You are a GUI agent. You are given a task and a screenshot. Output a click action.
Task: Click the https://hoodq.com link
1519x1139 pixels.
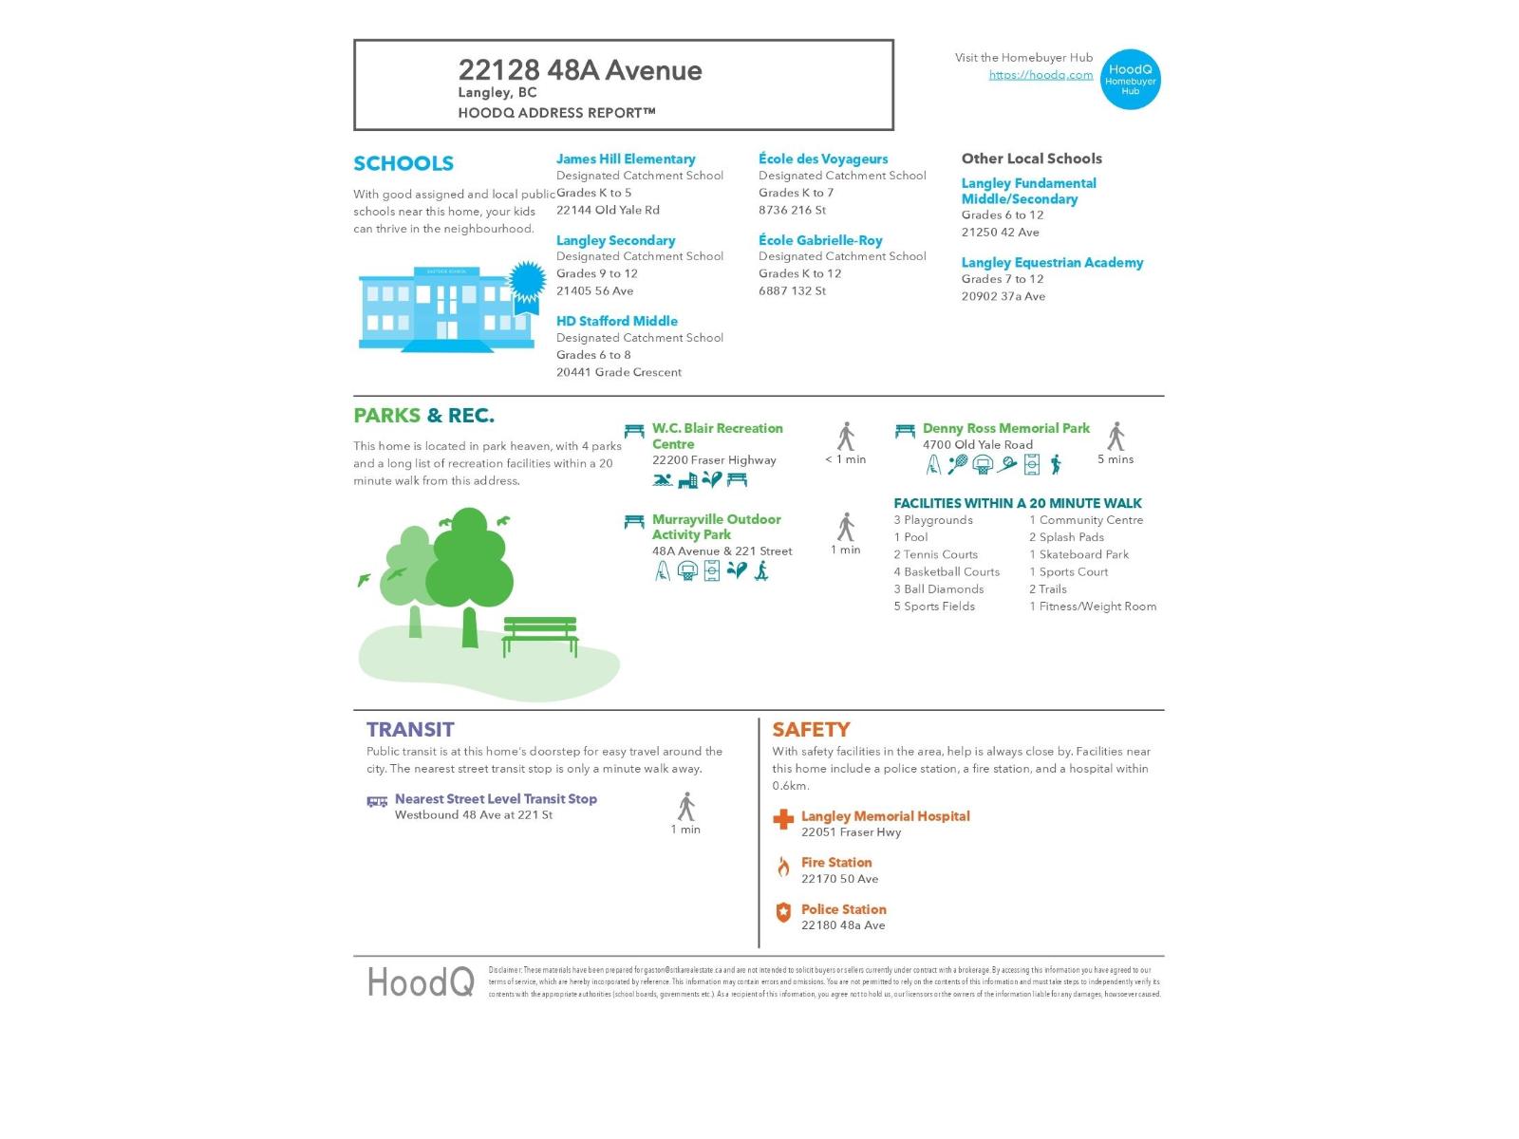(1041, 75)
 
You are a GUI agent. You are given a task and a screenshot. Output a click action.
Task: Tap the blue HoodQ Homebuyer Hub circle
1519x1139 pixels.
(1130, 80)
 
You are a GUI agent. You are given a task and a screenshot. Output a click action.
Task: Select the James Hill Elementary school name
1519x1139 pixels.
(626, 159)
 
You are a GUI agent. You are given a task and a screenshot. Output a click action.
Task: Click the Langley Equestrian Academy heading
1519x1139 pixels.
(1052, 263)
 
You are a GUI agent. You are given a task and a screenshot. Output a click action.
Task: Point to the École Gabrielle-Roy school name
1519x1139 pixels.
(820, 240)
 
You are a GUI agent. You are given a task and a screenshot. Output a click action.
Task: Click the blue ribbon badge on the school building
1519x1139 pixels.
(527, 283)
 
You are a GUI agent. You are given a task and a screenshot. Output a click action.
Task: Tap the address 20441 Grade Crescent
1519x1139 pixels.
(619, 372)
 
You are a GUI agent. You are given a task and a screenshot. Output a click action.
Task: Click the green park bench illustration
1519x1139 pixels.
(540, 635)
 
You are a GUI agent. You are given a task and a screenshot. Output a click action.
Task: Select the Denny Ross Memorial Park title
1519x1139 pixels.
(1006, 428)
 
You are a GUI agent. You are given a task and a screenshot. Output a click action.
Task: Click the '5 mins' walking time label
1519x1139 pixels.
(1116, 459)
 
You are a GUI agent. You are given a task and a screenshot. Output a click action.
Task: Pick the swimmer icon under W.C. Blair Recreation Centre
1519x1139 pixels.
(663, 480)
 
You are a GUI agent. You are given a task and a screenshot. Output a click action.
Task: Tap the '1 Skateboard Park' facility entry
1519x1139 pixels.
(1079, 554)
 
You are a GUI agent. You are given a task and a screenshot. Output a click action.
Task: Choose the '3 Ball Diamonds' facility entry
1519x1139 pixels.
(939, 589)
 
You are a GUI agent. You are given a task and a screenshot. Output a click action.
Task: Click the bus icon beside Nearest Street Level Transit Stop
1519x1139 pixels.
(377, 802)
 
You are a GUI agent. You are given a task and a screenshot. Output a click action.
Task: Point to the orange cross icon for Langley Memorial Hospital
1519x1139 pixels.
(783, 819)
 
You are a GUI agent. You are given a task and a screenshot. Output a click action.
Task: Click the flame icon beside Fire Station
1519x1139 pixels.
(783, 867)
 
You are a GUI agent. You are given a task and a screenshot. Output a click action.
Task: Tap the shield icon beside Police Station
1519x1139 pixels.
(783, 913)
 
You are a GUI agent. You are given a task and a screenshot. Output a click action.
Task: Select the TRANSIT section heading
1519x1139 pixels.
(410, 729)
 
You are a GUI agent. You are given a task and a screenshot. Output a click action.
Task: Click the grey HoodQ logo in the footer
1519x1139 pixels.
(421, 981)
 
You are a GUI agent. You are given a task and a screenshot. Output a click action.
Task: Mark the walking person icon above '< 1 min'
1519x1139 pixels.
(846, 437)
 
